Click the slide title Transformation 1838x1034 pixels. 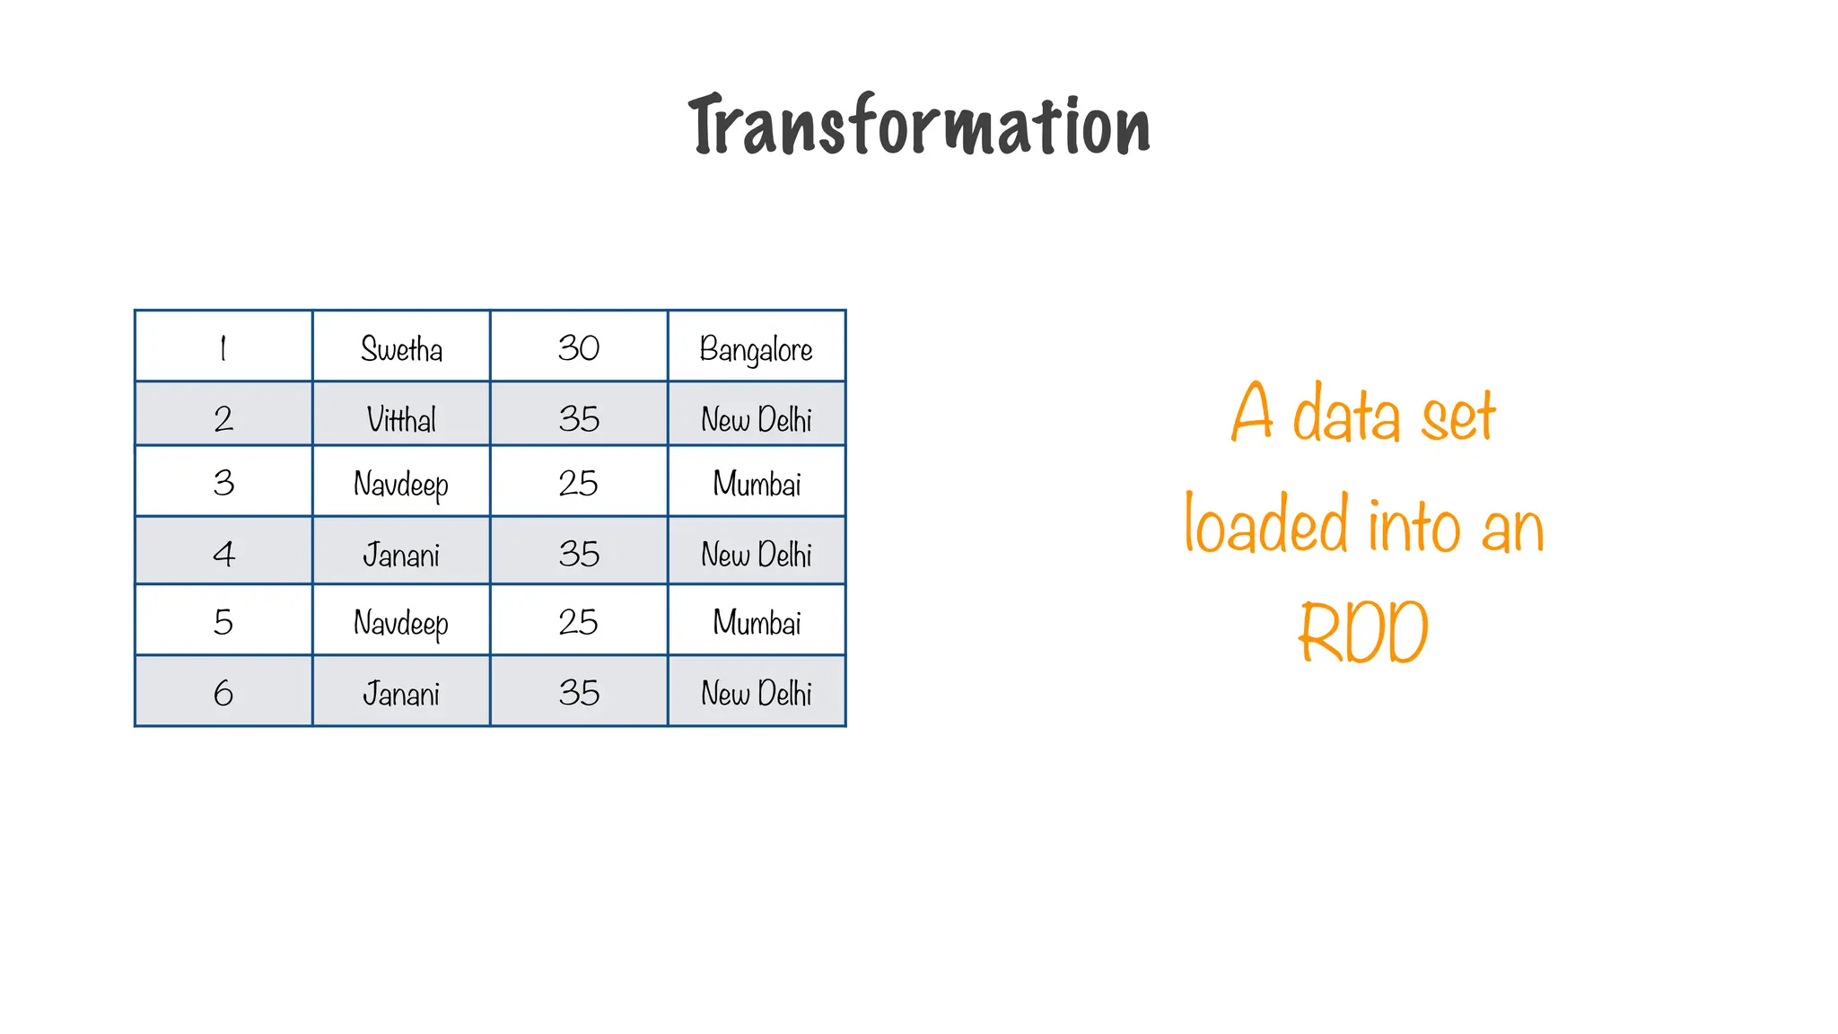coord(919,126)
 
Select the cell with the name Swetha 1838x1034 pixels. coord(401,348)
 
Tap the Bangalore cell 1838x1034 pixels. coord(757,348)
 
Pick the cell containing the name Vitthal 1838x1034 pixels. coord(401,418)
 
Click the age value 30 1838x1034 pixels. coord(579,348)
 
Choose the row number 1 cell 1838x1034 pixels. coord(223,348)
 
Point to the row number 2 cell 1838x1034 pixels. coord(223,418)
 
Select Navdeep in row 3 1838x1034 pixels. coord(401,484)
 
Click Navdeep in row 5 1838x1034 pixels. coord(401,622)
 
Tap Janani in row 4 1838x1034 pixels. coord(401,554)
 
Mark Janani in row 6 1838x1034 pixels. coord(401,693)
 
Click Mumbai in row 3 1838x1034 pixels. coord(757,484)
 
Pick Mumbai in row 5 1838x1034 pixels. coord(757,622)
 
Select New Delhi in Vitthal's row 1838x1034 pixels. coord(757,418)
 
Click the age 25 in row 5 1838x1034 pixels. coord(579,622)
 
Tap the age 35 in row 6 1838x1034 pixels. coord(579,693)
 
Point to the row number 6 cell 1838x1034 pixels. coord(223,693)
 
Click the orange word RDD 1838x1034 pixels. coord(1363,633)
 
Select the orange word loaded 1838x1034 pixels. coord(1266,523)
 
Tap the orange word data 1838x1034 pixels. coord(1346,415)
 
